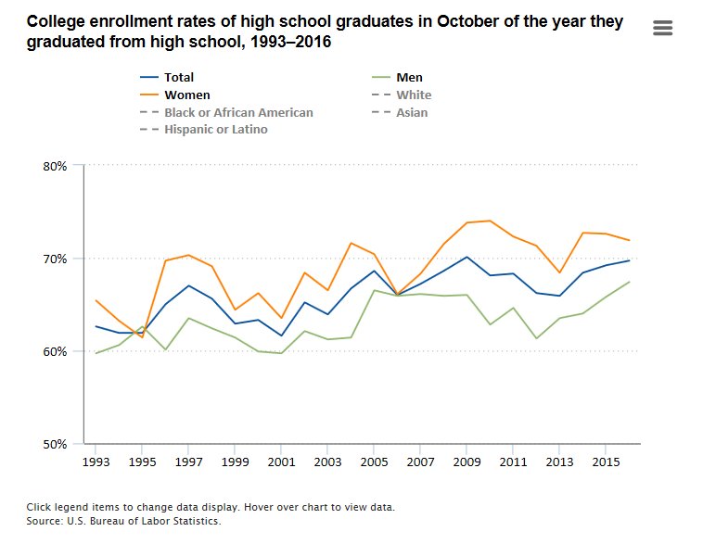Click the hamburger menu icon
pos(662,28)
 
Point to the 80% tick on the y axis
pos(55,166)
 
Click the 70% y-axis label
pos(55,259)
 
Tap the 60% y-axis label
pos(55,351)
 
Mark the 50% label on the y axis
pos(55,444)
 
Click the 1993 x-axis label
pos(96,461)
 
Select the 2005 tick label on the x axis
pos(374,461)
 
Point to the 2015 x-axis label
pos(606,461)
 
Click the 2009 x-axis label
pos(467,461)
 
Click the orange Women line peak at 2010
pos(490,221)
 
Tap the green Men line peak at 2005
pos(374,290)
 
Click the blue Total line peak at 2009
pos(467,257)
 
